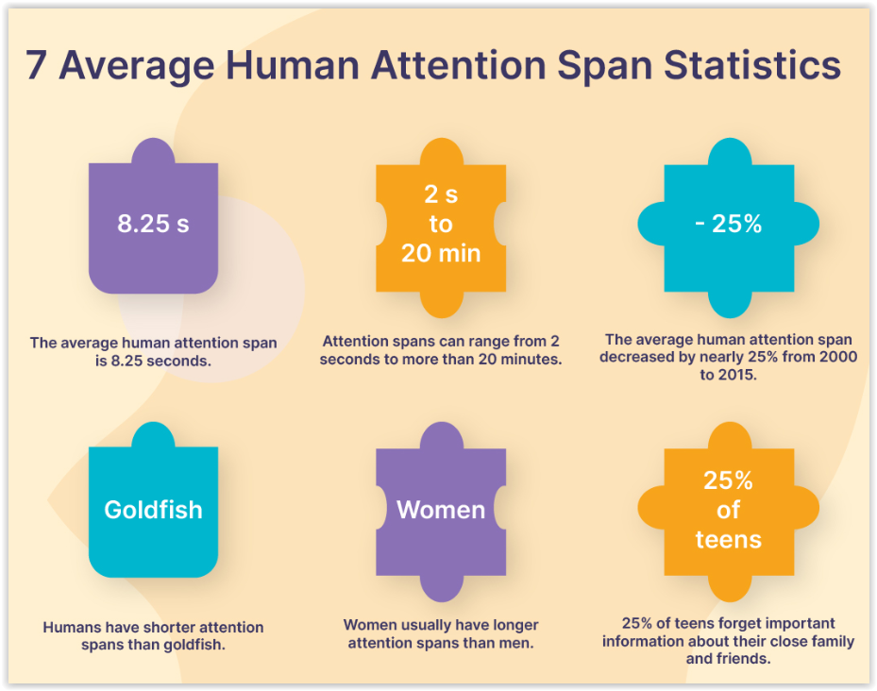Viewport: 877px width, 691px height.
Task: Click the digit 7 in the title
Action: tap(36, 65)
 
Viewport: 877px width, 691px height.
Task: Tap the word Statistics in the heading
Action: tap(752, 65)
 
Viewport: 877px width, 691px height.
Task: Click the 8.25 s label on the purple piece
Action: tap(153, 223)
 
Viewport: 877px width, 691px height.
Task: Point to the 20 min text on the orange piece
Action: tap(441, 253)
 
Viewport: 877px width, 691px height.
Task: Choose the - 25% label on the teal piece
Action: tap(728, 224)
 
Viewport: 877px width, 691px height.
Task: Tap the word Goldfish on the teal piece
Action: tap(153, 510)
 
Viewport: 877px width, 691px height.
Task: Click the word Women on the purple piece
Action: tap(441, 510)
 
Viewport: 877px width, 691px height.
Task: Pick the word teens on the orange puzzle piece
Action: tap(728, 539)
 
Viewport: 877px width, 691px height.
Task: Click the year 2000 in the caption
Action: tap(838, 357)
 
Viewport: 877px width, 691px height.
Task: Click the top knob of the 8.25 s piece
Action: tap(153, 150)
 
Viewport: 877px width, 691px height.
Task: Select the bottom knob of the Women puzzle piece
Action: tap(441, 588)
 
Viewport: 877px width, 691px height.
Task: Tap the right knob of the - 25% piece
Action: tap(806, 224)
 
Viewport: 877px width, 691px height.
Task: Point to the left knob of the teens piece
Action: tap(651, 508)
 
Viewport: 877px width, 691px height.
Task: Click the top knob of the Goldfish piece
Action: tap(153, 435)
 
